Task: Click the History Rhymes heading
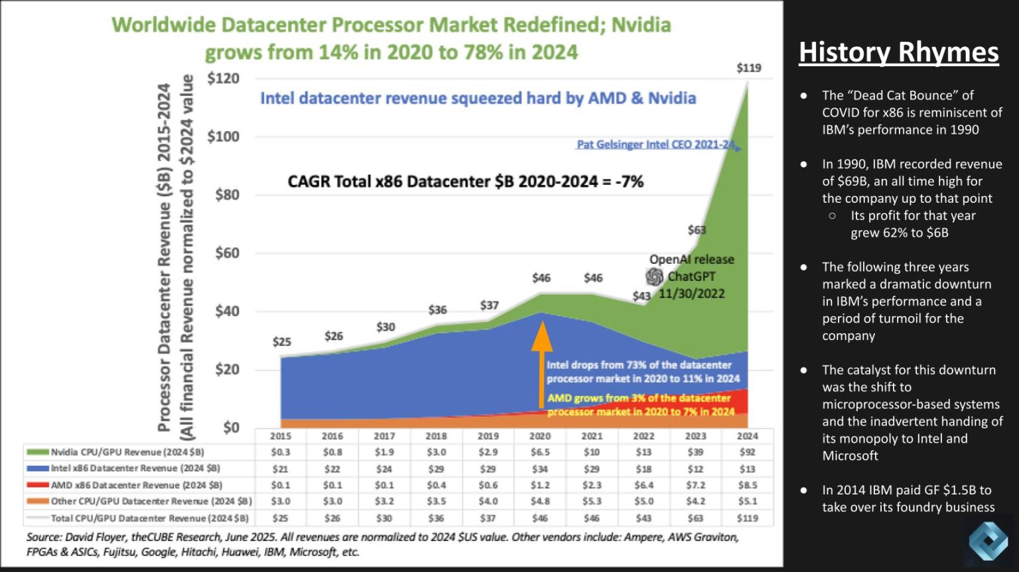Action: coord(898,52)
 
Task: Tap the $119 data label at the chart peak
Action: coord(749,68)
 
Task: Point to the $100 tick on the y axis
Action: coord(223,137)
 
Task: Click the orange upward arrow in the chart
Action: coord(542,364)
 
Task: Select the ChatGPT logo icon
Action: coord(655,276)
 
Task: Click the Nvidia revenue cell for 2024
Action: coord(747,452)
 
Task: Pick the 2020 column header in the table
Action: coord(540,436)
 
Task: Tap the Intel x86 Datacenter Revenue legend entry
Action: coord(135,469)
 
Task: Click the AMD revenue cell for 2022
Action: coord(644,485)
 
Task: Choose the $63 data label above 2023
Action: coord(697,230)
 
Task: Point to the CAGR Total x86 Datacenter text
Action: coord(465,182)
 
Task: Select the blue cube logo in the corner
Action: coord(988,540)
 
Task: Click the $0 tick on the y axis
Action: coord(231,428)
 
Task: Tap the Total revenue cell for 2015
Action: coord(281,518)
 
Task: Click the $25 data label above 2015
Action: coord(282,342)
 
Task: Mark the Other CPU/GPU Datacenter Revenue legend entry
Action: coord(151,502)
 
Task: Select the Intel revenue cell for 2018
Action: coord(436,469)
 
